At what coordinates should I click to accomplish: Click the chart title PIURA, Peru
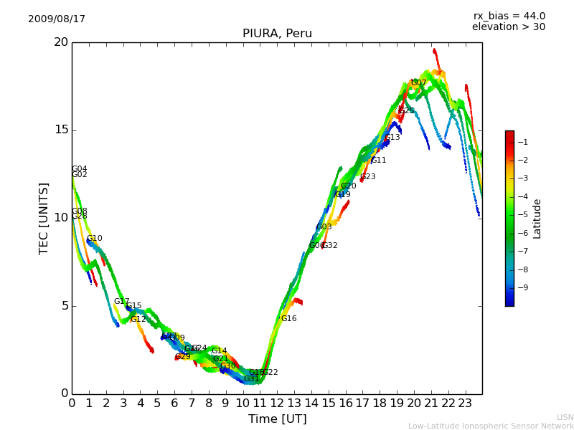click(x=277, y=34)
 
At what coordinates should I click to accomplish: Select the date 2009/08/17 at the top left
click(x=57, y=19)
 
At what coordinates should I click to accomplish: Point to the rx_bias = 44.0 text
click(x=509, y=16)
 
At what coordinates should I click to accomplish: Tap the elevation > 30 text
click(x=509, y=27)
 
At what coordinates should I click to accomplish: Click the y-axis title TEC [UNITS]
click(x=44, y=218)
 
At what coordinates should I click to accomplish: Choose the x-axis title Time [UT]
click(x=277, y=419)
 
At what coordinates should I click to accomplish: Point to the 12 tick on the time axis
click(x=277, y=403)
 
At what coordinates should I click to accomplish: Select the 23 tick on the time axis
click(x=465, y=403)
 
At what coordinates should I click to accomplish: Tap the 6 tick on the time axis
click(x=174, y=403)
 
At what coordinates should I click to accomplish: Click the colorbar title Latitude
click(x=537, y=219)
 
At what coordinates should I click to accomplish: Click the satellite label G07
click(x=418, y=83)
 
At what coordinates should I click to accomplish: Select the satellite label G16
click(x=288, y=319)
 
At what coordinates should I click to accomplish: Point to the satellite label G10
click(x=95, y=239)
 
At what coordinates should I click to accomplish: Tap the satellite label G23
click(x=368, y=177)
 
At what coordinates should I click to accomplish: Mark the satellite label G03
click(x=324, y=227)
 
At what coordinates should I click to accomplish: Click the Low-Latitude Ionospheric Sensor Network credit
click(x=491, y=426)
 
